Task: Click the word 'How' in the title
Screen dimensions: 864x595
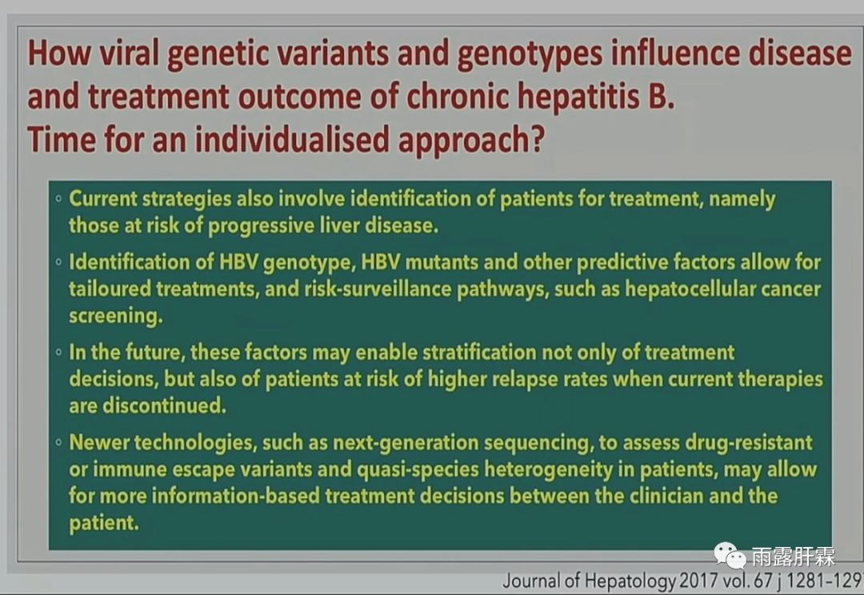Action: pos(59,53)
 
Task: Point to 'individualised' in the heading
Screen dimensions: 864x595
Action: pos(292,139)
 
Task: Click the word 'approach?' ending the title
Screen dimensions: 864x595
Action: pos(471,141)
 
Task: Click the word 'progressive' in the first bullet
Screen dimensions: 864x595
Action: pos(261,226)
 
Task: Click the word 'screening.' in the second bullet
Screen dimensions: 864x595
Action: pos(116,316)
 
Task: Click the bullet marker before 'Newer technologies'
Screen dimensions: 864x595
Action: pos(58,442)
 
